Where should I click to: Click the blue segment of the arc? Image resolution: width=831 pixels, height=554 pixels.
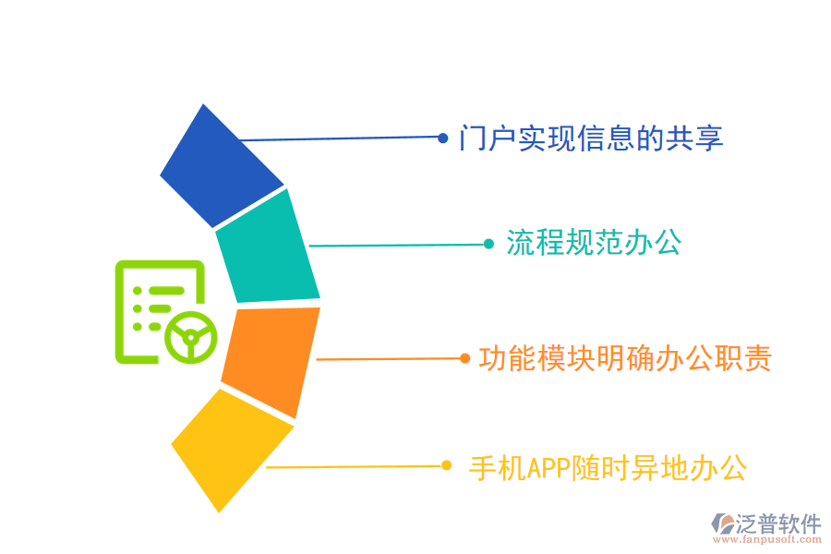point(222,166)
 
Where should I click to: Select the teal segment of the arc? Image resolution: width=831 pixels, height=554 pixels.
point(268,247)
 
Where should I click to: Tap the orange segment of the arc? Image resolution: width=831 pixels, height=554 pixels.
point(271,363)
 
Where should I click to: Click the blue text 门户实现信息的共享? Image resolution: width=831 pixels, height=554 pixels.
point(591,138)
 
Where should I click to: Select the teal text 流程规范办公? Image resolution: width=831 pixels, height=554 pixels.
point(594,243)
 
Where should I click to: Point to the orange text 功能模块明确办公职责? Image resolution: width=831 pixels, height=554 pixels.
point(625,358)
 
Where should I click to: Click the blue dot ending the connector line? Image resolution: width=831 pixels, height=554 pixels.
point(443,138)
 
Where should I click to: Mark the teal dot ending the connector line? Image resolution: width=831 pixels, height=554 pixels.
point(488,244)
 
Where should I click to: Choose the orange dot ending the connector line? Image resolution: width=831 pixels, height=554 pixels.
point(464,358)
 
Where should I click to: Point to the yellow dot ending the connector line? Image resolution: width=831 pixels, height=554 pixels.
point(446,465)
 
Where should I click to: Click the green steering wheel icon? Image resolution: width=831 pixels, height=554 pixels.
point(191,338)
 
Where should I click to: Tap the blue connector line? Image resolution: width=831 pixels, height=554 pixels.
point(339,138)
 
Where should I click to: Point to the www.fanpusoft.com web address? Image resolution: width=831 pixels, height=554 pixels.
point(767,539)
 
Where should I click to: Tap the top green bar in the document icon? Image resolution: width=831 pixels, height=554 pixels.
point(166,291)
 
